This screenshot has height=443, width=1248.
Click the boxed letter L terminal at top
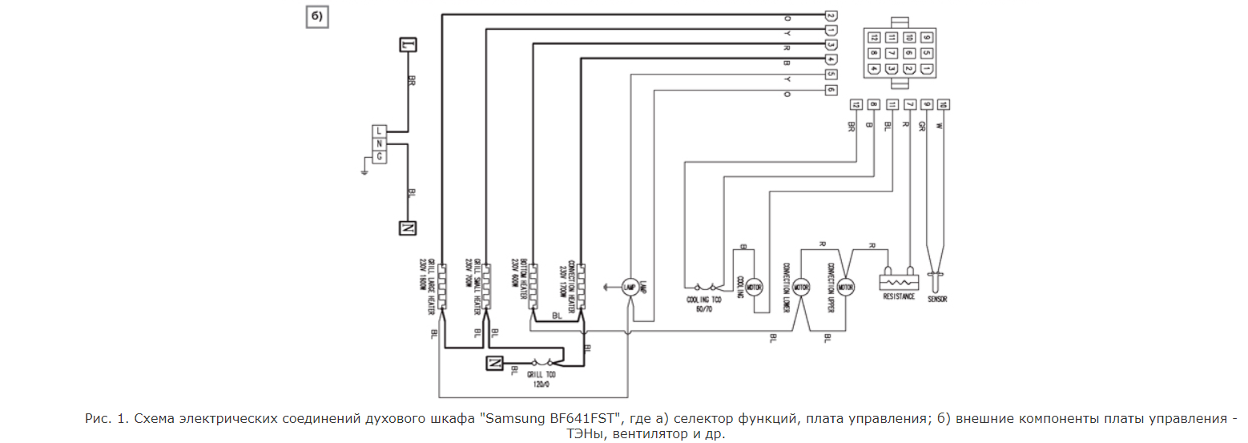tap(409, 45)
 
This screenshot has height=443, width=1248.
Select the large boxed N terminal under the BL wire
tap(408, 228)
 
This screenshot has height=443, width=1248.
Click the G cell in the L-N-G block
tap(380, 155)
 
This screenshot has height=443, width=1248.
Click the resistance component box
tap(899, 282)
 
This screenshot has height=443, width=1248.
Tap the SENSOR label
tap(937, 296)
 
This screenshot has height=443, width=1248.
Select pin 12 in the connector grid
tap(874, 37)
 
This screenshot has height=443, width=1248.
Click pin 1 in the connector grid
tap(927, 69)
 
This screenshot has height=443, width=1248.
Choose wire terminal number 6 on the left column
tap(831, 90)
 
